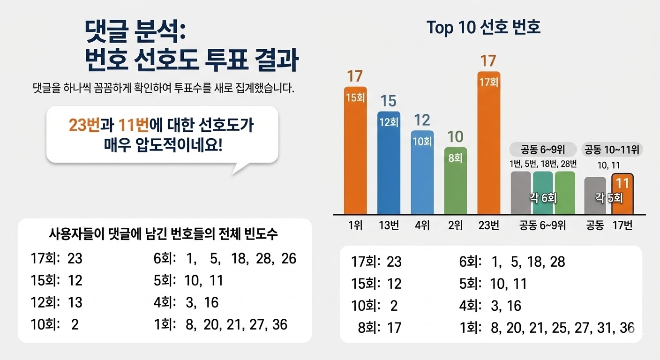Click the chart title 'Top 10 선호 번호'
(x=483, y=27)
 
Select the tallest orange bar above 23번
(x=489, y=143)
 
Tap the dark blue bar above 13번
(x=389, y=163)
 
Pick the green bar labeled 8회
(x=456, y=180)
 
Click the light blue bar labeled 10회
(x=422, y=172)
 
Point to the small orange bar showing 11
(x=622, y=194)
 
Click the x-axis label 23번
(x=489, y=225)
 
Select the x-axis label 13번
(x=389, y=225)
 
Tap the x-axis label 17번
(x=622, y=225)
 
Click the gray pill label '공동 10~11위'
(x=612, y=150)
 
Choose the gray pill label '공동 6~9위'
(x=543, y=150)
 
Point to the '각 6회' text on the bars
(x=543, y=198)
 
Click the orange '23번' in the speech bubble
(x=84, y=125)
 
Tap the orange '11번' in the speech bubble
(x=134, y=125)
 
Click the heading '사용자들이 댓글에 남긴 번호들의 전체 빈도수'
(x=163, y=234)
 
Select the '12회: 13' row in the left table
(x=57, y=302)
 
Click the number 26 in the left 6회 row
(x=288, y=258)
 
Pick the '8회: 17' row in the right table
(x=380, y=328)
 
